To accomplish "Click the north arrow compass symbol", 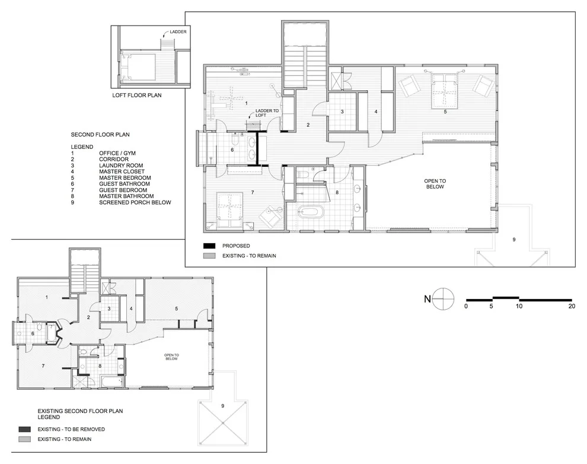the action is pos(444,299).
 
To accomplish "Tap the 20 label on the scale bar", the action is pos(572,306).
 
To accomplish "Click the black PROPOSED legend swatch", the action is pos(209,246).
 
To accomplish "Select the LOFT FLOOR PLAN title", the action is pos(137,95).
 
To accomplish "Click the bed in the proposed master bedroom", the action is pos(444,91).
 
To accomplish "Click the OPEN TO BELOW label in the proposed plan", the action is pos(435,184).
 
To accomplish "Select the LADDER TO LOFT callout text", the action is pos(267,113).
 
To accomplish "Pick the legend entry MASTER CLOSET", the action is pos(122,171).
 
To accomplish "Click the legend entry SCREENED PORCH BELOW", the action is pos(135,202).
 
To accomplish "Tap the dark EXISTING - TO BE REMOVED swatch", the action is pos(25,429).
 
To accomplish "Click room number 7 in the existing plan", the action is pos(43,366).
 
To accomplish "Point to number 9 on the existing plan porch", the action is pos(223,406).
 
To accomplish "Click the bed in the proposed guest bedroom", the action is pos(229,209).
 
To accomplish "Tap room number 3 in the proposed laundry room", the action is pos(342,112).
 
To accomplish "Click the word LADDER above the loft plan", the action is pos(178,32).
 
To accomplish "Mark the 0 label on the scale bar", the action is pos(466,306).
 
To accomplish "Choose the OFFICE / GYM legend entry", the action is pos(117,153).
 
